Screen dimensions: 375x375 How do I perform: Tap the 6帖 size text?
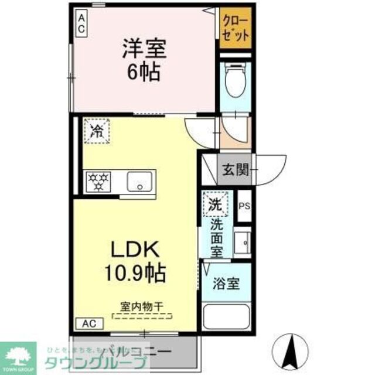pos(145,73)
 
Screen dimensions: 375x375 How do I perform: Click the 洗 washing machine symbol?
pos(215,205)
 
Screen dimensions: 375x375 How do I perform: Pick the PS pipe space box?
pos(244,206)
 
